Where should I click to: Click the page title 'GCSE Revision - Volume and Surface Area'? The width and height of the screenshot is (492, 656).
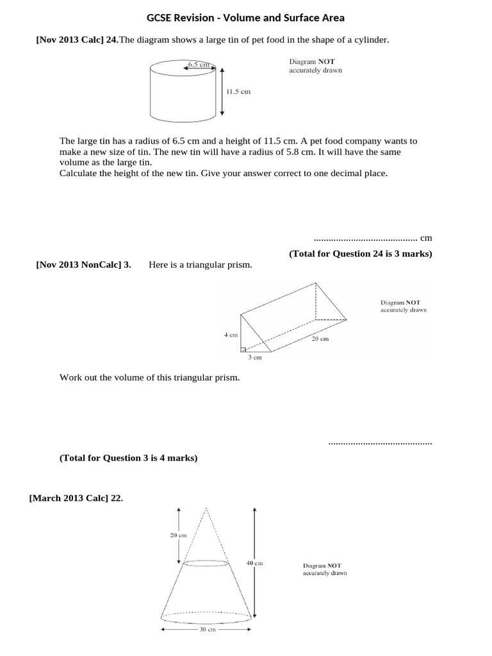246,18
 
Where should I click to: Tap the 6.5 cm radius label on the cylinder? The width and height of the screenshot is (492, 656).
199,65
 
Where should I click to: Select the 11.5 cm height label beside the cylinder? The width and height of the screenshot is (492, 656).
238,92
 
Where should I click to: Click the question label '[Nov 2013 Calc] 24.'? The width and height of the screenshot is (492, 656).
77,40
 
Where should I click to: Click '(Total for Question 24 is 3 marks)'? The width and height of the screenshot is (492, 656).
361,254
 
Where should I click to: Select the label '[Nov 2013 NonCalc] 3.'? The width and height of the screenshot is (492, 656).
83,265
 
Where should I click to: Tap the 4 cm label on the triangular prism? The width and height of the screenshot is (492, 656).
231,334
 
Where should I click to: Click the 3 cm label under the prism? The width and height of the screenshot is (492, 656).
255,357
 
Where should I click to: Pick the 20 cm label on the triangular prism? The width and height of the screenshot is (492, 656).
320,338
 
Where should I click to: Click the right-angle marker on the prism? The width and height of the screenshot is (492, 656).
243,349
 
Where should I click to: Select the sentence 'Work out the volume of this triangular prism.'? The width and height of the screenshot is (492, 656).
149,377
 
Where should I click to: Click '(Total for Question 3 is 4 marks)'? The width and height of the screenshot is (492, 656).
128,458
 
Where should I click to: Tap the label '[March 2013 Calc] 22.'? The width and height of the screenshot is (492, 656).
76,498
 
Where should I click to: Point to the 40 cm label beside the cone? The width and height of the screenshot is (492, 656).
254,563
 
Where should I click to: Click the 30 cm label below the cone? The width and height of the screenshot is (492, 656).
206,630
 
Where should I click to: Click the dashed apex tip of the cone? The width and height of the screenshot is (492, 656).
206,509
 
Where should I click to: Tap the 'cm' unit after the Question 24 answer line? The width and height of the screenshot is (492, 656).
426,238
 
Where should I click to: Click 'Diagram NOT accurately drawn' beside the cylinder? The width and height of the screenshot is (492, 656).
315,66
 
